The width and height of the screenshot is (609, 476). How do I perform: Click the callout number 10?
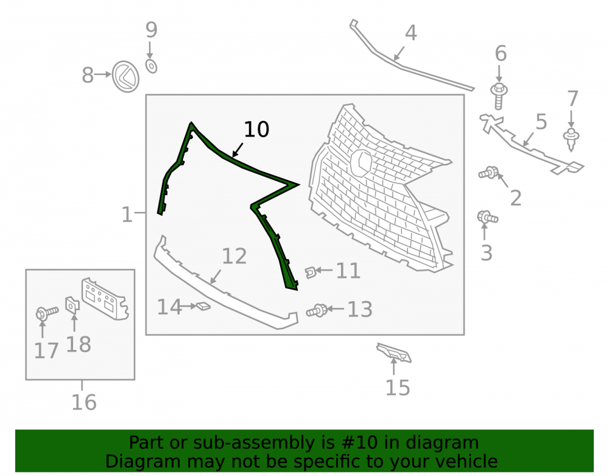[x=256, y=129]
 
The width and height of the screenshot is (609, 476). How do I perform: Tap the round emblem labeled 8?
[x=126, y=77]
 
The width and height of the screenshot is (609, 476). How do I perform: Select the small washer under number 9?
[x=151, y=66]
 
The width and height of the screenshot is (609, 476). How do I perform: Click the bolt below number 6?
[x=499, y=96]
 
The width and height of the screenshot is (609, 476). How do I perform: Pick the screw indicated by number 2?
[x=488, y=172]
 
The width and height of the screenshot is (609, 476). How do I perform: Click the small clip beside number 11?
[x=310, y=272]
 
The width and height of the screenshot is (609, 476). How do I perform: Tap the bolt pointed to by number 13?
[x=317, y=310]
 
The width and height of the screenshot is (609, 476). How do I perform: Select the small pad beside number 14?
[x=203, y=307]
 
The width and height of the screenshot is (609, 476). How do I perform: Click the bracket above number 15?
[x=394, y=353]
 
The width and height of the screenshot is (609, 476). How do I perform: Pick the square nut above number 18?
[x=72, y=305]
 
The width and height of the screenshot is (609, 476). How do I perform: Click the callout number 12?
[x=234, y=257]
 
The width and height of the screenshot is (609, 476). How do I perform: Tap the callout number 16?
[x=84, y=403]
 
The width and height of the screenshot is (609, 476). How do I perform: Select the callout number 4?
[x=411, y=33]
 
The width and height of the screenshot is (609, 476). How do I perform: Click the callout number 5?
[x=541, y=122]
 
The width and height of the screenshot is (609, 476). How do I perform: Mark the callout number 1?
[x=127, y=215]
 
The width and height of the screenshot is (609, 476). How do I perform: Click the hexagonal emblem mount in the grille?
[x=362, y=163]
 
